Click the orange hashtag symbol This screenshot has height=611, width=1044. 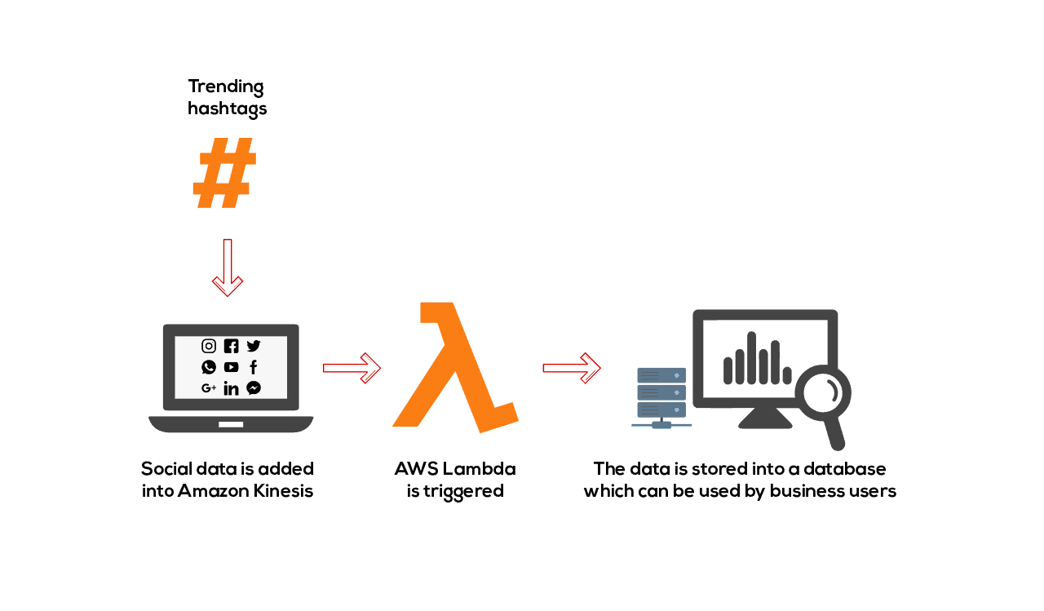pos(224,174)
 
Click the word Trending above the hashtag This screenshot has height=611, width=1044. pos(226,86)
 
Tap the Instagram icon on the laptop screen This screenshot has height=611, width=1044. pos(209,346)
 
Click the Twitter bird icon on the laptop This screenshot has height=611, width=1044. pos(254,346)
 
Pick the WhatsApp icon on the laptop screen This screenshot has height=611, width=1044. pos(209,367)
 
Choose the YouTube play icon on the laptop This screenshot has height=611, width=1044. pos(231,367)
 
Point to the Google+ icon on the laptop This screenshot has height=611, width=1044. pos(209,388)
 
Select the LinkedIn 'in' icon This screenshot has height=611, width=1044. pos(231,388)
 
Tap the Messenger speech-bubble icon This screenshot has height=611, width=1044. pos(254,388)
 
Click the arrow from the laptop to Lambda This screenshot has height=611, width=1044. pos(352,368)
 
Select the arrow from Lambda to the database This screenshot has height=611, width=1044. pos(572,368)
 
